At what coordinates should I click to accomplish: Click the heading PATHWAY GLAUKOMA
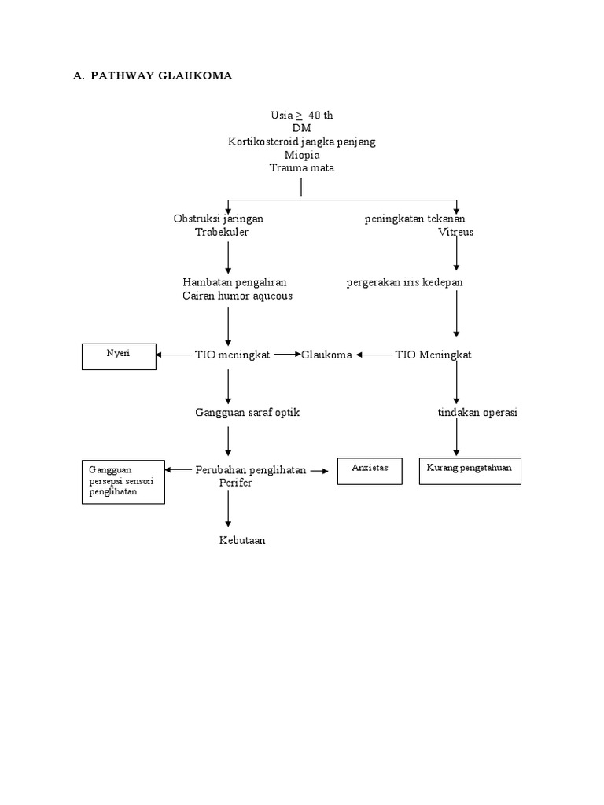tap(161, 75)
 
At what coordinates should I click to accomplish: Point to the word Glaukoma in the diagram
tap(326, 355)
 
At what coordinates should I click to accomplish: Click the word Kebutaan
tap(242, 540)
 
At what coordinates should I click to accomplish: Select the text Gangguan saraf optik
tap(247, 412)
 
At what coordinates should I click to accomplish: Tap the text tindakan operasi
tap(477, 412)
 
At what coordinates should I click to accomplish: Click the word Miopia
tap(302, 155)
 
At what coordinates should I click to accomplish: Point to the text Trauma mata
tap(302, 168)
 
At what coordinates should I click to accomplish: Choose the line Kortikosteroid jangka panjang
tap(302, 142)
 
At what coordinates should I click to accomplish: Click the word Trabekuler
tap(222, 232)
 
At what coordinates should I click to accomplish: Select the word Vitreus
tap(456, 232)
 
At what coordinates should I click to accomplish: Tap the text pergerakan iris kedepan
tap(405, 282)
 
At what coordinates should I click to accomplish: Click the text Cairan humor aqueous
tap(238, 296)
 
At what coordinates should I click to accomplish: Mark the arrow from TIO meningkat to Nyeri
tap(174, 355)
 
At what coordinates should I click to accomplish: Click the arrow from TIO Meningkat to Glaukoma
tap(374, 355)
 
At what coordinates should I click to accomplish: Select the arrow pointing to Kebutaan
tap(228, 509)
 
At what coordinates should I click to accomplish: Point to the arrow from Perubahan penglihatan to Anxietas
tap(319, 471)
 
